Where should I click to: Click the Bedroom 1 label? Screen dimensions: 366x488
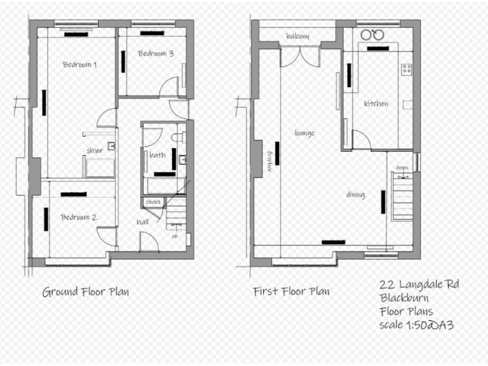click(x=79, y=65)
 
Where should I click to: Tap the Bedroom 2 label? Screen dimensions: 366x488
click(x=79, y=217)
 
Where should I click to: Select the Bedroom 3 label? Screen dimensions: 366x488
click(x=156, y=53)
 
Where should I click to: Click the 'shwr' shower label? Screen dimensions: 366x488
click(x=95, y=151)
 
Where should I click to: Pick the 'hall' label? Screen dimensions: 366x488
click(x=143, y=222)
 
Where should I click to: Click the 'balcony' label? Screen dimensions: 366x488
click(x=297, y=36)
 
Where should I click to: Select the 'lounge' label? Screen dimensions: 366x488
click(x=304, y=133)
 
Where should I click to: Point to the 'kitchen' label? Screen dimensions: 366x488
click(x=376, y=104)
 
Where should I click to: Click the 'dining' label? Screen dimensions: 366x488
click(x=355, y=194)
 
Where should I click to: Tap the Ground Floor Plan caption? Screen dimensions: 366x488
click(x=86, y=292)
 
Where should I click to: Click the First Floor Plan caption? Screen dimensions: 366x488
click(x=291, y=292)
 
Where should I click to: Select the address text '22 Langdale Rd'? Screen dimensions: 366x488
click(x=418, y=284)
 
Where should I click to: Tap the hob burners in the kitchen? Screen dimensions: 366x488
click(x=406, y=68)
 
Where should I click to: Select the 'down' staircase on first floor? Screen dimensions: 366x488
click(x=403, y=194)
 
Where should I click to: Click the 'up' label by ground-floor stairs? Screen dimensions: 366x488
click(x=175, y=236)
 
